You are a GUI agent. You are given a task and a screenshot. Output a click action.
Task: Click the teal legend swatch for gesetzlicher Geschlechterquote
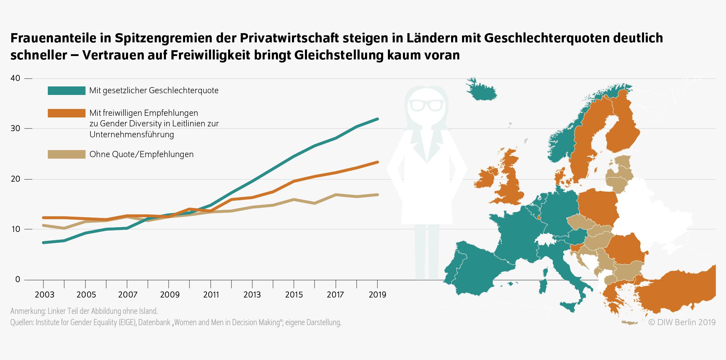point(67,91)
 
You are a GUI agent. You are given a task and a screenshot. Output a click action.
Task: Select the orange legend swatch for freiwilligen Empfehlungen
point(67,113)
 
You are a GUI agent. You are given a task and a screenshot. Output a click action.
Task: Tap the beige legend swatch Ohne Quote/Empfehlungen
point(67,154)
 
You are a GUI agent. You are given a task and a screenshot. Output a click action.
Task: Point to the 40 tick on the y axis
point(15,78)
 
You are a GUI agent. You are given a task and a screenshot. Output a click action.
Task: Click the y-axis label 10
point(15,229)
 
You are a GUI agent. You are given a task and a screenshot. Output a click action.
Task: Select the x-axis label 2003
point(44,295)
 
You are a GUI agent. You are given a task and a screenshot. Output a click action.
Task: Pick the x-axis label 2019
point(377,295)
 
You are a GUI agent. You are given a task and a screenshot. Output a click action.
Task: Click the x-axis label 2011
point(211,295)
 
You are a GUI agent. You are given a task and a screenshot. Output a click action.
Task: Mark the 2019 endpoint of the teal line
point(377,119)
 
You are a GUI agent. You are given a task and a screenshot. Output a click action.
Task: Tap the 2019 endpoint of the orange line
point(377,162)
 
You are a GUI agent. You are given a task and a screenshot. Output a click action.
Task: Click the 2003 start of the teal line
point(43,243)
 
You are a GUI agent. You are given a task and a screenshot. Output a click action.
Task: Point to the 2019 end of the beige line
point(377,195)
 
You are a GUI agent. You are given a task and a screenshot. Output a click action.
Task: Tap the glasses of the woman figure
point(426,105)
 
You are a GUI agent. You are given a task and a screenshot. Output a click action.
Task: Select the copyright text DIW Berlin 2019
point(682,322)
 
